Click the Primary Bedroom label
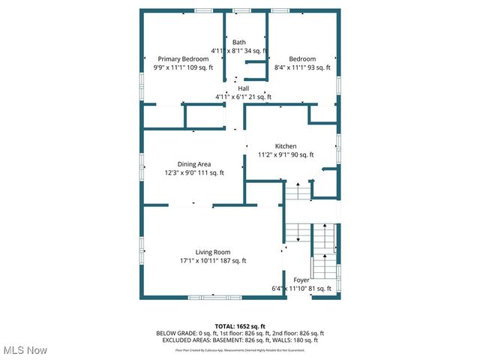coord(183,58)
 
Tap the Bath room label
coord(238,42)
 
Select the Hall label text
coord(244,88)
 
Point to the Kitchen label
coord(285,146)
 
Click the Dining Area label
coord(193,164)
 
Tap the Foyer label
coord(301,279)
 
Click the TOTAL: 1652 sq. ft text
coord(240,326)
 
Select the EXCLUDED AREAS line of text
coord(240,340)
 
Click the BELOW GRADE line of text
coord(240,333)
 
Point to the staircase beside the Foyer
coord(324,251)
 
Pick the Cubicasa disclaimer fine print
coord(240,349)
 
